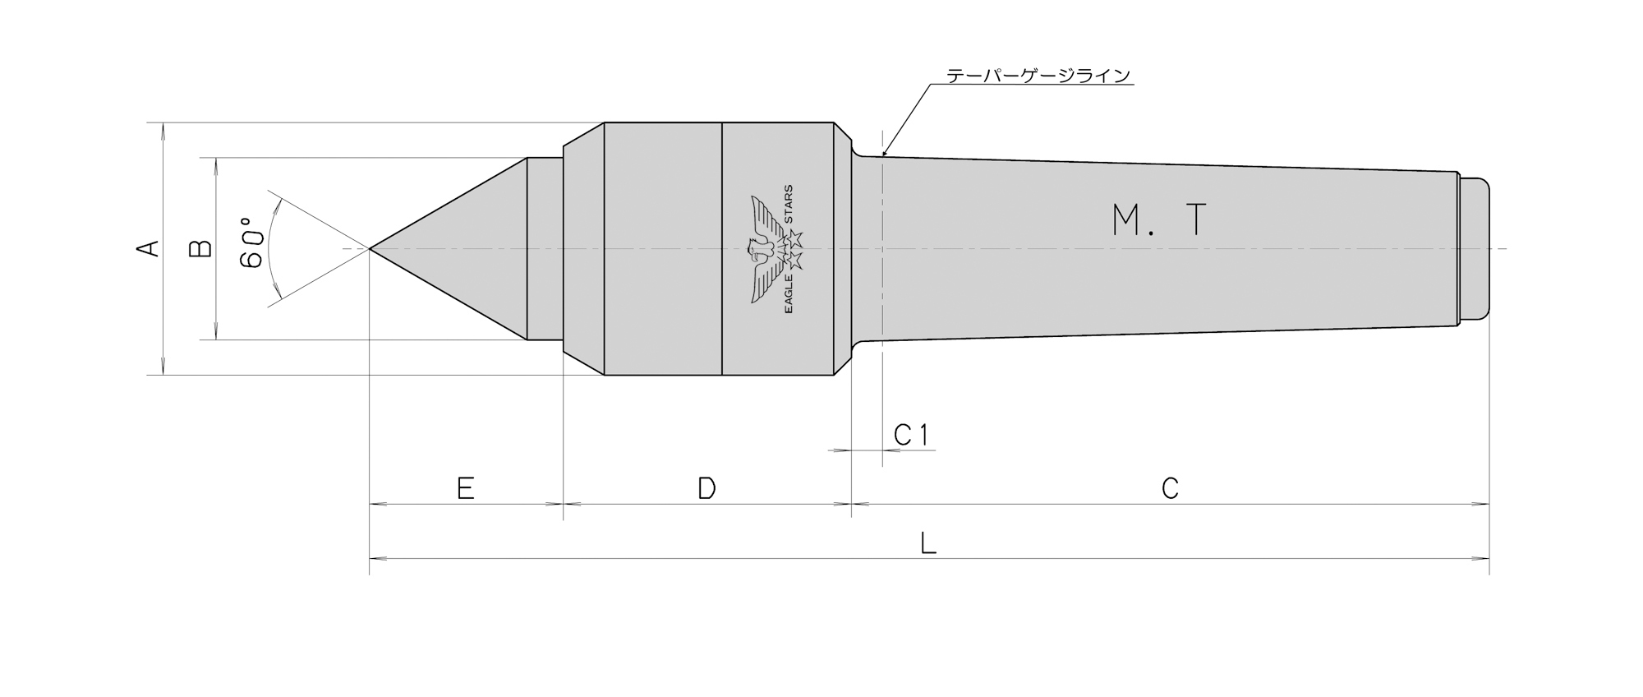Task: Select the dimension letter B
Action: click(201, 248)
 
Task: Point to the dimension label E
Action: click(465, 489)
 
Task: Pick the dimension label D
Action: click(706, 489)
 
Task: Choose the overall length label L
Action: click(928, 543)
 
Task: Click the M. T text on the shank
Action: click(1159, 220)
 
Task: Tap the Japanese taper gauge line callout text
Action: click(1038, 76)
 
